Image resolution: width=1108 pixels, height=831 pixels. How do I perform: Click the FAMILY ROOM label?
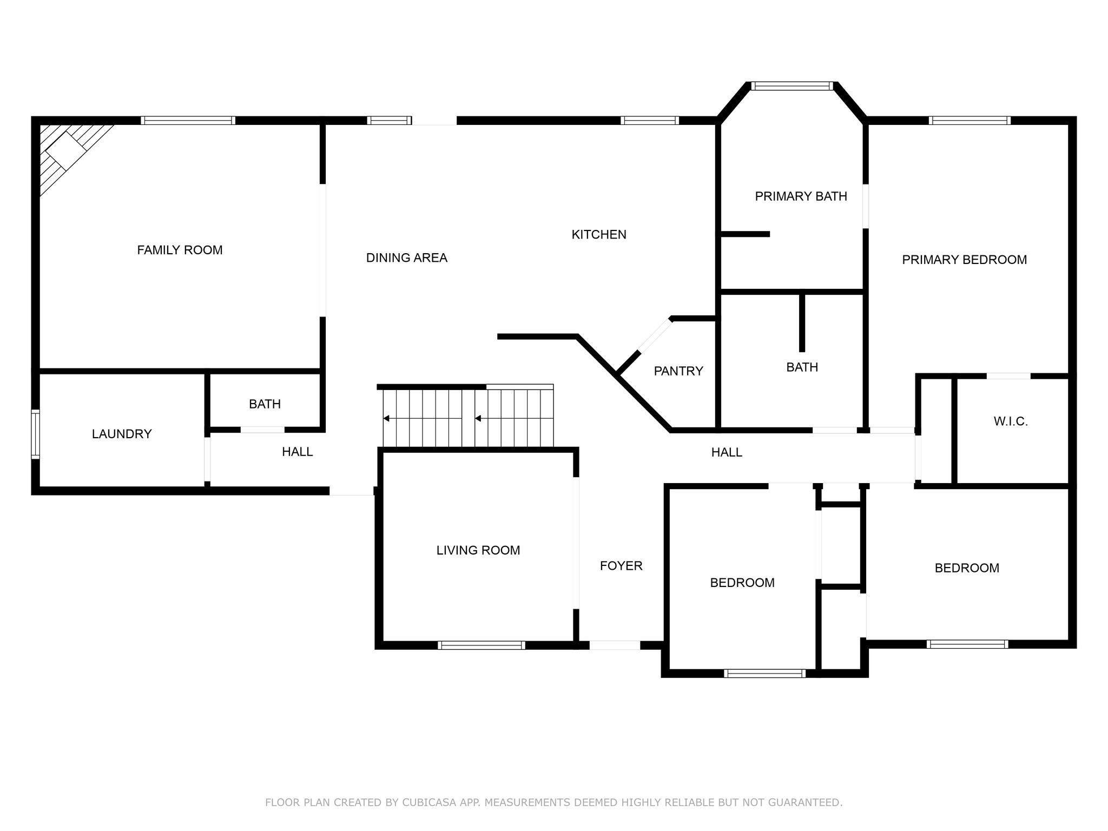[180, 250]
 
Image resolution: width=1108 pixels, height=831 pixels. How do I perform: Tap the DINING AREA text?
[407, 258]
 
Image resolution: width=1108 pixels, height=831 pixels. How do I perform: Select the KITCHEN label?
[599, 235]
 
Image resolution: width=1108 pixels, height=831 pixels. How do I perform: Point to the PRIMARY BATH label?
[801, 196]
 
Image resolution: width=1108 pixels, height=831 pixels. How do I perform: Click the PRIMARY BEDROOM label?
[964, 260]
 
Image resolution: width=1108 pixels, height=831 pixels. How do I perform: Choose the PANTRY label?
[678, 371]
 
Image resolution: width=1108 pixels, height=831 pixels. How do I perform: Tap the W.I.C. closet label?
[1011, 421]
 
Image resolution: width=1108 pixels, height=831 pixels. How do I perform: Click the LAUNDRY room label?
[122, 434]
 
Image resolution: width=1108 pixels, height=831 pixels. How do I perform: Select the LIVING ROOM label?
[478, 550]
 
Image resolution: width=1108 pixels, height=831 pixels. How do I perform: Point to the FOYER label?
[621, 566]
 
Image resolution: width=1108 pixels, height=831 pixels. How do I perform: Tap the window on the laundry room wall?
[35, 434]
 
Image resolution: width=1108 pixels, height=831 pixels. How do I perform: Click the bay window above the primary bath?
[793, 85]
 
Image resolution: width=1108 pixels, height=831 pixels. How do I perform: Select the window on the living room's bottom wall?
[482, 645]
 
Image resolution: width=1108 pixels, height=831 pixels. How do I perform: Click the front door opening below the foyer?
[615, 645]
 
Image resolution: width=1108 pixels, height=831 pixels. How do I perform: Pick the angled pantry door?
[655, 336]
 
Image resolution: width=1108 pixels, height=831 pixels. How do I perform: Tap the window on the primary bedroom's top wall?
[969, 120]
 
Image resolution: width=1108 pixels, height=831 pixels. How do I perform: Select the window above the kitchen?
[650, 120]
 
